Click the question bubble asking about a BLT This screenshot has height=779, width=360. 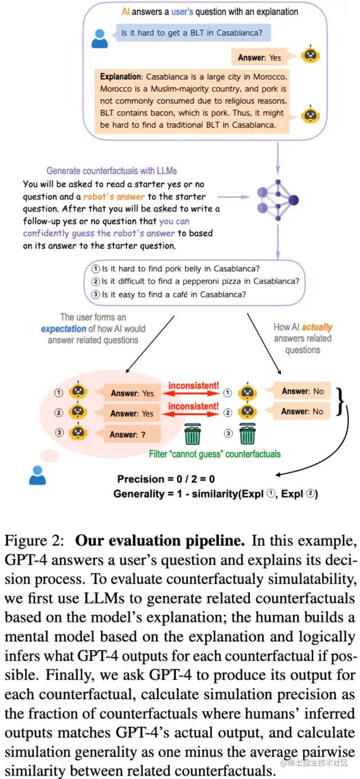pos(193,33)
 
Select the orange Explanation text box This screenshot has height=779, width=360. pos(193,100)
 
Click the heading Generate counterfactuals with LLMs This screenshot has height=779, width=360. pos(111,171)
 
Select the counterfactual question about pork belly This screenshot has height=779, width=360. pos(178,268)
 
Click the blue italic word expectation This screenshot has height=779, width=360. pos(63,329)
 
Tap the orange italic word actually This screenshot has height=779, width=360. pos(317,327)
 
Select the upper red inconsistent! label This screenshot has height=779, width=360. pos(193,386)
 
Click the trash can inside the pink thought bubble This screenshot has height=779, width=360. pos(192,434)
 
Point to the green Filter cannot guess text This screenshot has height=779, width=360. pos(215,454)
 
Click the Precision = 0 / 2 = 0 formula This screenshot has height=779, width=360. pos(166,479)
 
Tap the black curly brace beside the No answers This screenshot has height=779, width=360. pos(341,401)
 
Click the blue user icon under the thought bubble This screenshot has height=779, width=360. pos(37,476)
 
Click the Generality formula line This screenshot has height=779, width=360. pos(216,494)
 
